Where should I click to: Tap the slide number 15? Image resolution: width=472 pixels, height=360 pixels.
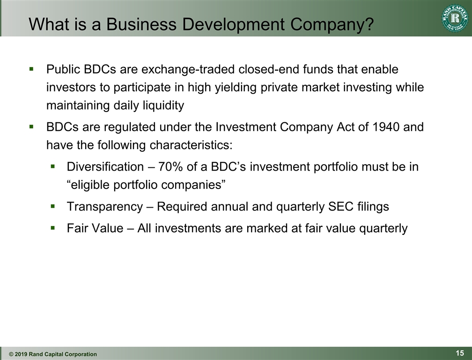click(459, 353)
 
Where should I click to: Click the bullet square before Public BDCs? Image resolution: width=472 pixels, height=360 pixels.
click(32, 69)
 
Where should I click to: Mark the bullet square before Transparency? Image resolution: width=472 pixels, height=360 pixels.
click(53, 206)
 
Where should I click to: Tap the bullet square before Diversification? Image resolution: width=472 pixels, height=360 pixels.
click(53, 166)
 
